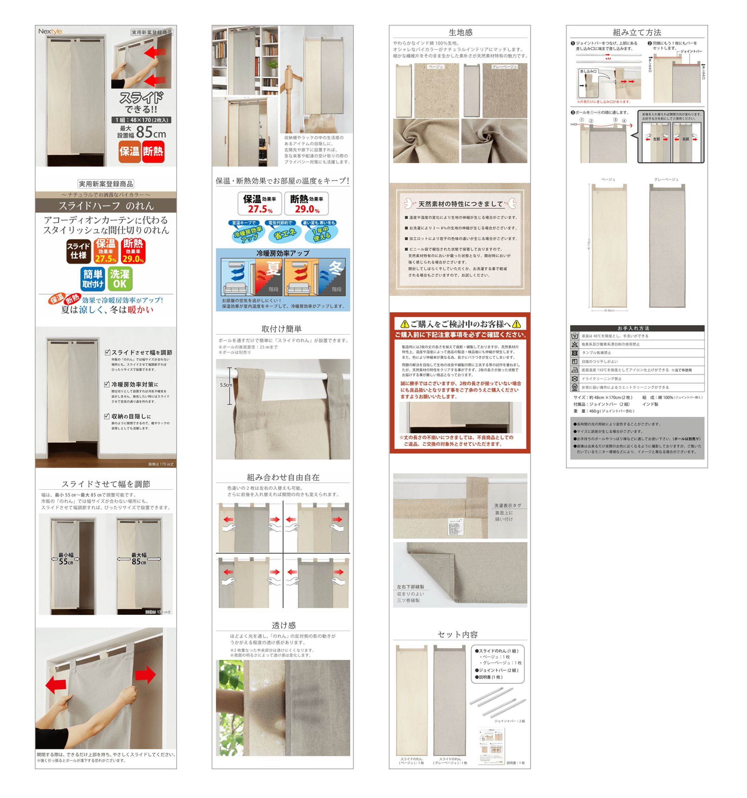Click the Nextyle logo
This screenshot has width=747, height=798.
(x=50, y=31)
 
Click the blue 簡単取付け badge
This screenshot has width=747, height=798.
(x=93, y=278)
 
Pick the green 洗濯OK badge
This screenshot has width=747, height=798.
(x=120, y=278)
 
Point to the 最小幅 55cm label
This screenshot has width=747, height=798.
(x=66, y=558)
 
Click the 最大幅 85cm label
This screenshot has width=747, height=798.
(x=139, y=558)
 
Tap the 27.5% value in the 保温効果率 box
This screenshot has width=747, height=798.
(x=260, y=209)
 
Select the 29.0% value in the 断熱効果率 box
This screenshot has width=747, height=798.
(x=307, y=209)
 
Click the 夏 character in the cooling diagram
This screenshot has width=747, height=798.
(x=273, y=268)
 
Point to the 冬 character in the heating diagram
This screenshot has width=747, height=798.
(x=336, y=268)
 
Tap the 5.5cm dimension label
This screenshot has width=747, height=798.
(x=226, y=385)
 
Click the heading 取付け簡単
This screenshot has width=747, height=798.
(x=281, y=329)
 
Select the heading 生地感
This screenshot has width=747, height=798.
(x=460, y=32)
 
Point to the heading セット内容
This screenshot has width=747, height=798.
(x=458, y=634)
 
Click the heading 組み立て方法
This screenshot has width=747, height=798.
(x=637, y=32)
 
